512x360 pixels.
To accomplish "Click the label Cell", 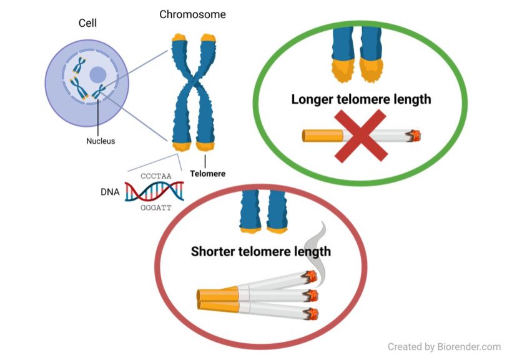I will pyautogui.click(x=87, y=24).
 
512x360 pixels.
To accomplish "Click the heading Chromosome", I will pyautogui.click(x=192, y=14).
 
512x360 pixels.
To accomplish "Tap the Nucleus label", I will pyautogui.click(x=101, y=141).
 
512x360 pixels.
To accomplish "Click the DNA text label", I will pyautogui.click(x=110, y=192).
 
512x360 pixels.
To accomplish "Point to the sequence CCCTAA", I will pyautogui.click(x=155, y=176).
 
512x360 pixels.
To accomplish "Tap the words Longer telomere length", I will pyautogui.click(x=361, y=99).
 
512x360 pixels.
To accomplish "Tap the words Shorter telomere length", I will pyautogui.click(x=260, y=252).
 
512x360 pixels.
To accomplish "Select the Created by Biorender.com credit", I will pyautogui.click(x=444, y=346).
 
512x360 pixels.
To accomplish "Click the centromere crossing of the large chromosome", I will pyautogui.click(x=193, y=88).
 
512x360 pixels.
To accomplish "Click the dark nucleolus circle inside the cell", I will pyautogui.click(x=97, y=75).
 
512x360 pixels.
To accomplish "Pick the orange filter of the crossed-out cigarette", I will pyautogui.click(x=323, y=136).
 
